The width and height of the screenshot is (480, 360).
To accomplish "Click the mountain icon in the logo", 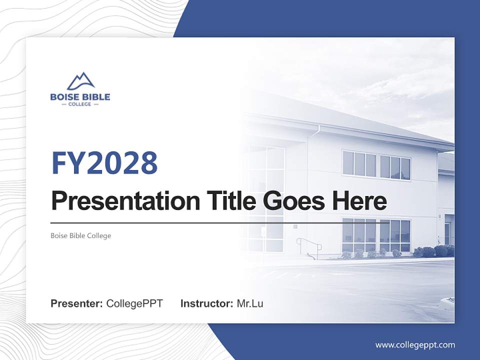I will (80, 81).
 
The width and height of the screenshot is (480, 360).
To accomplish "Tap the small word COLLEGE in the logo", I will (80, 104).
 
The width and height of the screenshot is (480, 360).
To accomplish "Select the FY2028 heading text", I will (104, 162).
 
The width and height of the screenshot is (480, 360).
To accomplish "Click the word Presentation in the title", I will (118, 201).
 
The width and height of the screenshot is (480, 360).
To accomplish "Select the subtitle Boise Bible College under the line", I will (80, 235).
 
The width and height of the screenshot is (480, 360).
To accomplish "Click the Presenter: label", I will (77, 303).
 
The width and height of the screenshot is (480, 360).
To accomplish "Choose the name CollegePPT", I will (134, 303).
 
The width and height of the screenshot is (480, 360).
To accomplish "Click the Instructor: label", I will (206, 303).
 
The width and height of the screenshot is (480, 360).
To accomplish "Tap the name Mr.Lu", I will (249, 303).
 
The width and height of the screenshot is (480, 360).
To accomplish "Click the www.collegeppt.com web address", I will (415, 345).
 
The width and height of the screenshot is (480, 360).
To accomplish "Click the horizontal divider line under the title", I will (200, 223).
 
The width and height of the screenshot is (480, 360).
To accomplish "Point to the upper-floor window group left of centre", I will (359, 164).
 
